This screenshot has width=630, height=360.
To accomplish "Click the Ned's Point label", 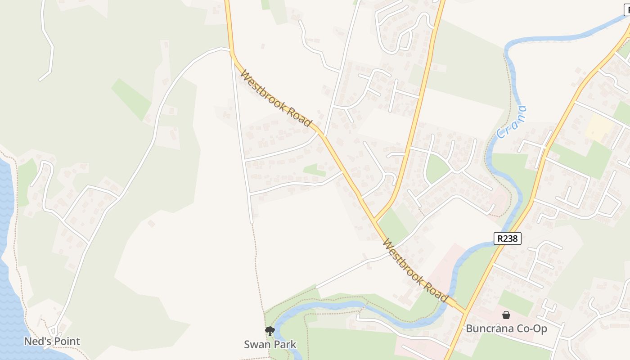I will tap(52, 341).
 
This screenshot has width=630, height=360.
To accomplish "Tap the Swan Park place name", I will tap(270, 345).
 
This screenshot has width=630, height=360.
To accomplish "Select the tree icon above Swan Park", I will tap(270, 332).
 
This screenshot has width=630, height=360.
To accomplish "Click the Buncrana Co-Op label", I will tap(506, 328).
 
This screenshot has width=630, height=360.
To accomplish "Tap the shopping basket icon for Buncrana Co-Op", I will tap(506, 315).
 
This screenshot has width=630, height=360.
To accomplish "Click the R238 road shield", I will tap(508, 238).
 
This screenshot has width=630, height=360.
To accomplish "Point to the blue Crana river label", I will tap(511, 122).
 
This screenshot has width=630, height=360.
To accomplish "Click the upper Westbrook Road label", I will tap(276, 98).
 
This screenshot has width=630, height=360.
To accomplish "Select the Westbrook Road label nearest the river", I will tap(415, 270).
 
